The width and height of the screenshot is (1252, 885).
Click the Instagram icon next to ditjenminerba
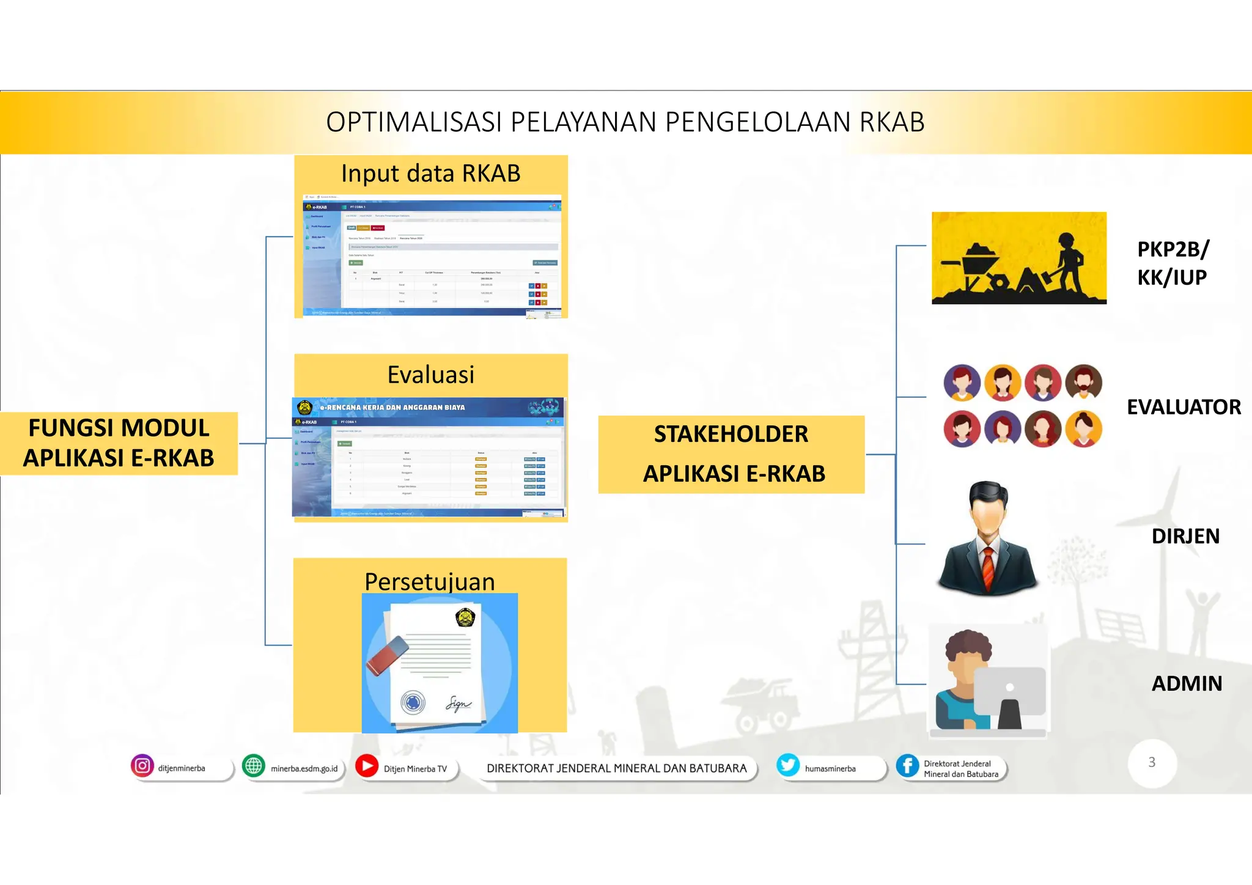point(142,766)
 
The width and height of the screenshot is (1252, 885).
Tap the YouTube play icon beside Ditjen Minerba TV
point(367,766)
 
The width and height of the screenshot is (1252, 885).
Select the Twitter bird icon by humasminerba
point(788,765)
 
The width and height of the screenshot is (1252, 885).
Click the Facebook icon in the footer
point(908,766)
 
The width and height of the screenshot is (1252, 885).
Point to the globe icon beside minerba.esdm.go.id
point(253,766)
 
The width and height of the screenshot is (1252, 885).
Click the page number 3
point(1152,762)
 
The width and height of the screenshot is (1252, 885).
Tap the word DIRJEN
point(1185,536)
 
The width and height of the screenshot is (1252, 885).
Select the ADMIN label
point(1187,683)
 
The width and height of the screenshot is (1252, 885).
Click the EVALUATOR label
point(1184,407)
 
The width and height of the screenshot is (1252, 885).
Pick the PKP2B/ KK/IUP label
point(1172,263)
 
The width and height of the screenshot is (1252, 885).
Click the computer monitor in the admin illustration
point(1010,692)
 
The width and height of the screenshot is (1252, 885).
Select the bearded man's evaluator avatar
point(1083,383)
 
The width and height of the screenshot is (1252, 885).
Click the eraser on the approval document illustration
point(387,655)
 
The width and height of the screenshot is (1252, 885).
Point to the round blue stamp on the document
point(413,702)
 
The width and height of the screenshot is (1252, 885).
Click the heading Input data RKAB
point(430,174)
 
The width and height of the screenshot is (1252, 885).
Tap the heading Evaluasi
point(430,375)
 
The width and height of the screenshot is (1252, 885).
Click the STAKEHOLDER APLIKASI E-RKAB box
point(731,454)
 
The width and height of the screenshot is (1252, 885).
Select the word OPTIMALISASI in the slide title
point(414,122)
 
